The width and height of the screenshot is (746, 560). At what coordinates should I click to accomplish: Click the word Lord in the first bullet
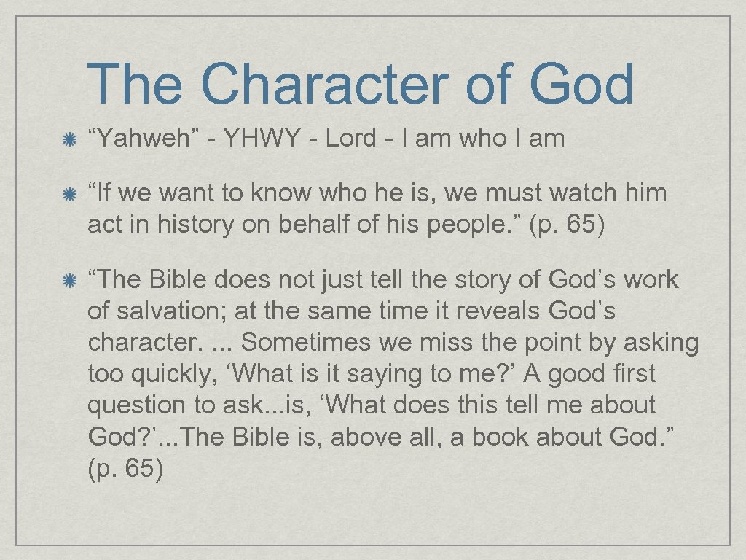(x=350, y=138)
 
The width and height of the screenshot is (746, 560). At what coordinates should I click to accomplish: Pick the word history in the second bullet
(x=173, y=225)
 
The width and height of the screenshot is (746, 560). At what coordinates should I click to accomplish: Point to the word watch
(x=584, y=193)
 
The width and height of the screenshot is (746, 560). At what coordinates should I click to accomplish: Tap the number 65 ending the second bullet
(x=581, y=225)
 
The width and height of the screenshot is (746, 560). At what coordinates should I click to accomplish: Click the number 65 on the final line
(x=139, y=467)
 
